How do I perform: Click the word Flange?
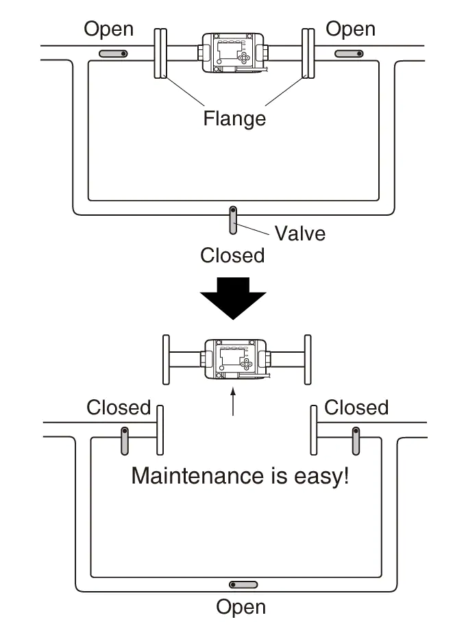coord(234,118)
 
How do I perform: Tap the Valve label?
coord(300,233)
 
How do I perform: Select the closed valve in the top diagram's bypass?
coord(234,221)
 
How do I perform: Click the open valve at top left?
coord(113,53)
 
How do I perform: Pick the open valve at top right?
coord(349,53)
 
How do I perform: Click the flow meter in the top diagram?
coord(234,53)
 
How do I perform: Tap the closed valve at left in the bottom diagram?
coord(125,440)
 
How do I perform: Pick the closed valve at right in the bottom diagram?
coord(356,440)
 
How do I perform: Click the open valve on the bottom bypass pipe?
coord(243,585)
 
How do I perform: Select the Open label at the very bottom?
coord(241,607)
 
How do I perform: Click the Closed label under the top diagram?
coord(232,255)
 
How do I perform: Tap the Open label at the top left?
coord(108,29)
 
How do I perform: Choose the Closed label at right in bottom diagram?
coord(356,408)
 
